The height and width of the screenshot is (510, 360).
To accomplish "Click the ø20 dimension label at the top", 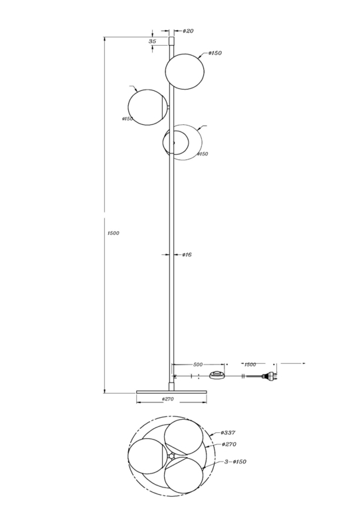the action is tap(188, 31).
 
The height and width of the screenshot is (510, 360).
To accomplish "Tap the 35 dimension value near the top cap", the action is tap(152, 41).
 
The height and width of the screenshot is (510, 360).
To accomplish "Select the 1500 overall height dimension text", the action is tap(113, 233).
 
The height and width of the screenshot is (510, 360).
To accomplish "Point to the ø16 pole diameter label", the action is tap(187, 255).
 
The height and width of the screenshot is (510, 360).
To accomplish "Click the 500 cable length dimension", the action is tap(198, 365).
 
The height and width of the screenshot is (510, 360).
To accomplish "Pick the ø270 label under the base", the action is tap(167, 398).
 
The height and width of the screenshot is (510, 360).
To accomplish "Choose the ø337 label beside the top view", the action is tap(228, 432).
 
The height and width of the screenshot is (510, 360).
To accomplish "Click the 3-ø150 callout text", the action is tap(235, 462).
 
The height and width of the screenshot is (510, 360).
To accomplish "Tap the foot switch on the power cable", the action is tap(217, 375).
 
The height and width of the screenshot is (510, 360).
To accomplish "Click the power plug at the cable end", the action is tap(270, 376).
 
